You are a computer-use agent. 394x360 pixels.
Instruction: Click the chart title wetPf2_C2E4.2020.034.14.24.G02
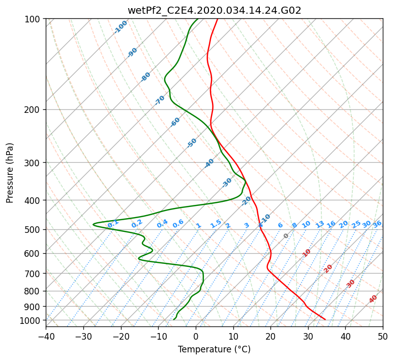(214, 10)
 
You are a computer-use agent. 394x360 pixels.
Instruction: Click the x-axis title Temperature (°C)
(214, 350)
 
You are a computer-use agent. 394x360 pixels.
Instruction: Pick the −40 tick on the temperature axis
(46, 336)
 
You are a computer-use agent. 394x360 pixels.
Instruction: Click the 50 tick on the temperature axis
(383, 336)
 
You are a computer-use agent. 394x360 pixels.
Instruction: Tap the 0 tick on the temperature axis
(196, 336)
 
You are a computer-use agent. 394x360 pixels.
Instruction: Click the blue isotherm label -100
(120, 27)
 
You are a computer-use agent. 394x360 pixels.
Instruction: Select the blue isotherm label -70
(160, 100)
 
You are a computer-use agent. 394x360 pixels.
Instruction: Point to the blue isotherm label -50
(192, 143)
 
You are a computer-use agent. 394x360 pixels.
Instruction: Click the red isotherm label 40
(373, 299)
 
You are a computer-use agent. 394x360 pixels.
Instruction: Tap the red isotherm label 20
(328, 268)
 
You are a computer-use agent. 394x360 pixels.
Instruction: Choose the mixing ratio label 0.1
(113, 223)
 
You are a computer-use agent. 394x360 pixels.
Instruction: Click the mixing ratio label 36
(377, 224)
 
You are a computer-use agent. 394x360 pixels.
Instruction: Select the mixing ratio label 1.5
(216, 223)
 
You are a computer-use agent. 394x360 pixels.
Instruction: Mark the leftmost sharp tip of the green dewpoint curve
(93, 224)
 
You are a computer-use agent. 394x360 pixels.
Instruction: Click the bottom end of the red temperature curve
(325, 319)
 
